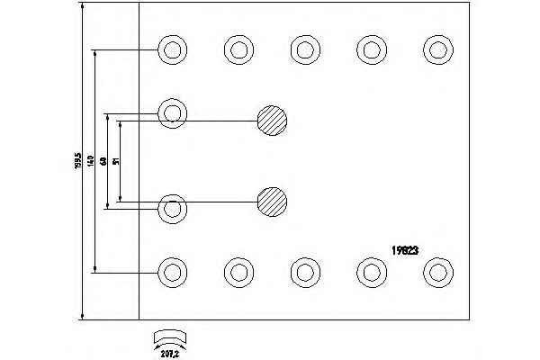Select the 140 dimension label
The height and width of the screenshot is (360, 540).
coord(92,162)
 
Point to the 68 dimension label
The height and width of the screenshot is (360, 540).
coord(103,161)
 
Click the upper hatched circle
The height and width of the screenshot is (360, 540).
coord(272,120)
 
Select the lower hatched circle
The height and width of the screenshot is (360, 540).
coord(272,201)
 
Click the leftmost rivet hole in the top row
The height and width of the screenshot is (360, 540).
coord(172,49)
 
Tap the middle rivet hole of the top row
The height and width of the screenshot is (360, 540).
coord(304,49)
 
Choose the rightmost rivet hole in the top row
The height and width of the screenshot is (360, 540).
coord(438,49)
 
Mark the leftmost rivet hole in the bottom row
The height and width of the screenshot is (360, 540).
coord(172,270)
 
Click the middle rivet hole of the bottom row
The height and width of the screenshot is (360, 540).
coord(304,270)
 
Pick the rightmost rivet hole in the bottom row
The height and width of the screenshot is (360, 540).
coord(438,270)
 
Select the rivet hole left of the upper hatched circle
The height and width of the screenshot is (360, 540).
coord(172,112)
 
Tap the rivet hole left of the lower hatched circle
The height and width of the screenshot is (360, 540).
coord(172,208)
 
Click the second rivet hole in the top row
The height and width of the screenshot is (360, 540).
coord(238,49)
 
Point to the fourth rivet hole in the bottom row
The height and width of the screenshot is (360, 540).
coord(371,270)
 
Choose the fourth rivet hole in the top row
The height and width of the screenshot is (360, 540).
coord(371,49)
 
